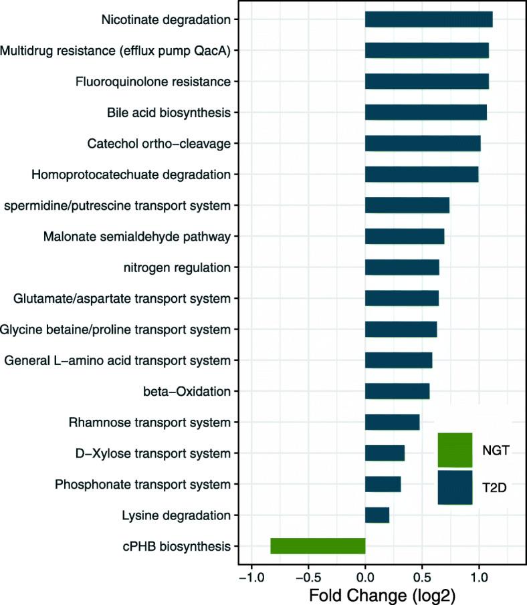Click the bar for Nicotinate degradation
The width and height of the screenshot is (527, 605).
click(429, 19)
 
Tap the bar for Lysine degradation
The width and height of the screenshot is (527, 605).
click(377, 515)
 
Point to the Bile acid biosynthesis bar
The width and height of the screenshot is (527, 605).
click(426, 112)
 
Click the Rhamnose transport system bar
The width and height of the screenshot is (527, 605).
click(393, 422)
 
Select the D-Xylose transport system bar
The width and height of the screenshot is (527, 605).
click(385, 453)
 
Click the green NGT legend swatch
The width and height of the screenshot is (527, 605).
click(455, 450)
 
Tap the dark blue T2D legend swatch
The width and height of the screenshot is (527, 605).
click(455, 487)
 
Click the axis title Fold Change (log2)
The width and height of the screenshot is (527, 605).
click(365, 594)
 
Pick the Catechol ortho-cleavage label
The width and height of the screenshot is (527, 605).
click(159, 143)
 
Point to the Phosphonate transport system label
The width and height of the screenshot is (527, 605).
click(143, 484)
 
